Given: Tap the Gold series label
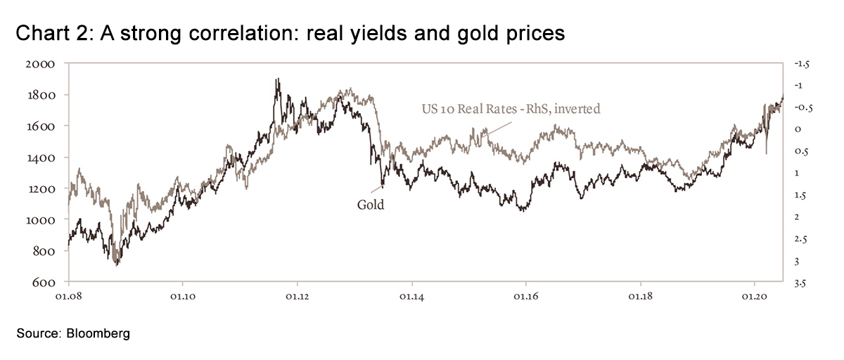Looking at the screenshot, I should (371, 205).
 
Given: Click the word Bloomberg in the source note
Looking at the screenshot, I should (99, 335).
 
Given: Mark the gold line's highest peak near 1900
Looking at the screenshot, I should (277, 79).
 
